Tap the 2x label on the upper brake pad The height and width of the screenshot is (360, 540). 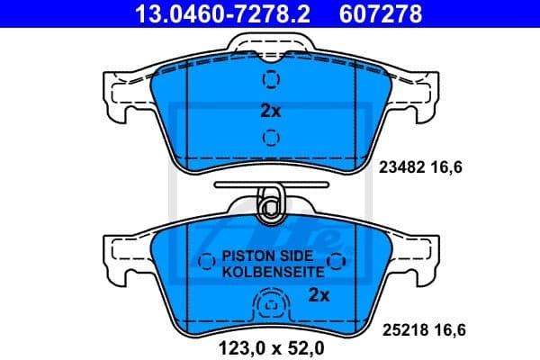pos(271,112)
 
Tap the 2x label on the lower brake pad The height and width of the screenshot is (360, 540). pos(318,294)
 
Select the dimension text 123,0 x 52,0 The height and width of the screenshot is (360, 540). pos(269,345)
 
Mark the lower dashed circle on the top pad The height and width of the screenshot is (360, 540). pos(270,138)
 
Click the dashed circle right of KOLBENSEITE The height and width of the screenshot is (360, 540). pos(337,262)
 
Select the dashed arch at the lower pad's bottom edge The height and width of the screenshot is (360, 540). pos(270,308)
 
